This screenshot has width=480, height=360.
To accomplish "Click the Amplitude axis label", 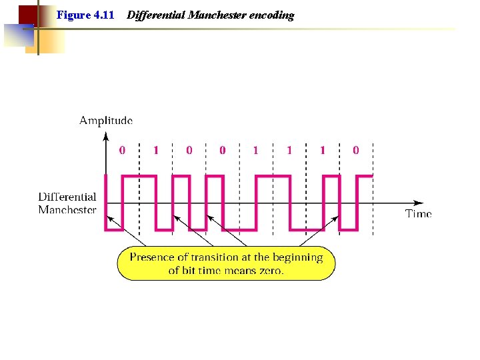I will [106, 121].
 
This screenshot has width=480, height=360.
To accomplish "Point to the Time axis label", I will [419, 214].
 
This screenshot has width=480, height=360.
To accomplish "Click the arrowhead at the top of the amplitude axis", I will [106, 137].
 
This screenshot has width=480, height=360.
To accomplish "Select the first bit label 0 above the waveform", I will [122, 151].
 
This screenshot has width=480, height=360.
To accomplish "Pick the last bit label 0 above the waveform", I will [355, 151].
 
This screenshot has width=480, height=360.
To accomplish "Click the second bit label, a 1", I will [156, 151].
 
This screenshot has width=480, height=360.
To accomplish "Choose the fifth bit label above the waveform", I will [255, 151].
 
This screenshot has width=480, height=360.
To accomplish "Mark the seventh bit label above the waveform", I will [323, 151].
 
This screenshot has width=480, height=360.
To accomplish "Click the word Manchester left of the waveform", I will [67, 210].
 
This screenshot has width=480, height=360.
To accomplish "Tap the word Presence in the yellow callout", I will [152, 257].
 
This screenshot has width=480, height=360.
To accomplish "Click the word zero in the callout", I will [271, 271].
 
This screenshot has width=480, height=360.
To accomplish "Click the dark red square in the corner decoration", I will [27, 14].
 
